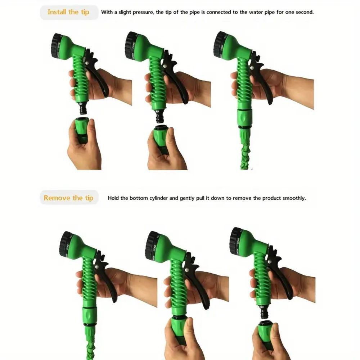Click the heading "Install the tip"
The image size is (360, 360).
coord(68,12)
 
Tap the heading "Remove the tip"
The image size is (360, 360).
coord(68,198)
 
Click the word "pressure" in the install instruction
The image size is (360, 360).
coord(143,12)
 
